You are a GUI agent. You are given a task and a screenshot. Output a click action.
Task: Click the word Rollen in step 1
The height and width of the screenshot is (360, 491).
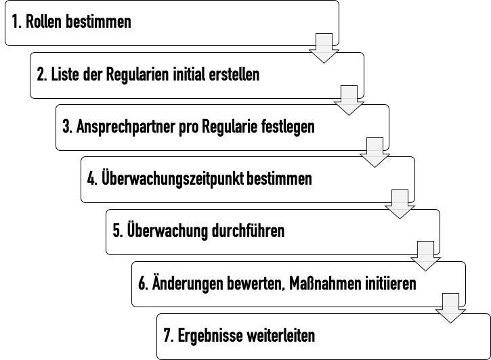click(x=44, y=21)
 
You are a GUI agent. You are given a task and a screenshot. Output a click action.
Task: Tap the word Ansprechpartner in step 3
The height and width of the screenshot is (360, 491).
click(x=125, y=127)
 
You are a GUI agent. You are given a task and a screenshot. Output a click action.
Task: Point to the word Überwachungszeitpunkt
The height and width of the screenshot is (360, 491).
click(x=173, y=179)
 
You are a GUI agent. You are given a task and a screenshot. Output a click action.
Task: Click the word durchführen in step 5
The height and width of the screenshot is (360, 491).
click(x=248, y=231)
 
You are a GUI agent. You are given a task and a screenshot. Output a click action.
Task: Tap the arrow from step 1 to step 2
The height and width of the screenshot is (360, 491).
click(x=324, y=48)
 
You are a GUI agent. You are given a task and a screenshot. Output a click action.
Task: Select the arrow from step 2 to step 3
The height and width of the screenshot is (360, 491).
click(x=349, y=100)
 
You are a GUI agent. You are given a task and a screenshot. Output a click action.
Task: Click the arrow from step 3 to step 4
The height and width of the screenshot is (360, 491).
click(x=375, y=153)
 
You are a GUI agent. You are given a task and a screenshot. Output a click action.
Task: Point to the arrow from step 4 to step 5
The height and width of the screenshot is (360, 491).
click(x=400, y=204)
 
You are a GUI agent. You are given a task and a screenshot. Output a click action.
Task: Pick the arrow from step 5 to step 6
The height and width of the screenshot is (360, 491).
click(x=425, y=256)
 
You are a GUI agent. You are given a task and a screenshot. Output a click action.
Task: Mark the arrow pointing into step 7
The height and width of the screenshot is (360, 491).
click(x=450, y=308)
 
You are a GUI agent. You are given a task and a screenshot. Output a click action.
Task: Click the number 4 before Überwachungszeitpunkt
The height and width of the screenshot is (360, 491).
click(x=91, y=179)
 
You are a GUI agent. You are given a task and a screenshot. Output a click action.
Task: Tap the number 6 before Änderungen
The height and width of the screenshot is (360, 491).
click(x=142, y=284)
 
